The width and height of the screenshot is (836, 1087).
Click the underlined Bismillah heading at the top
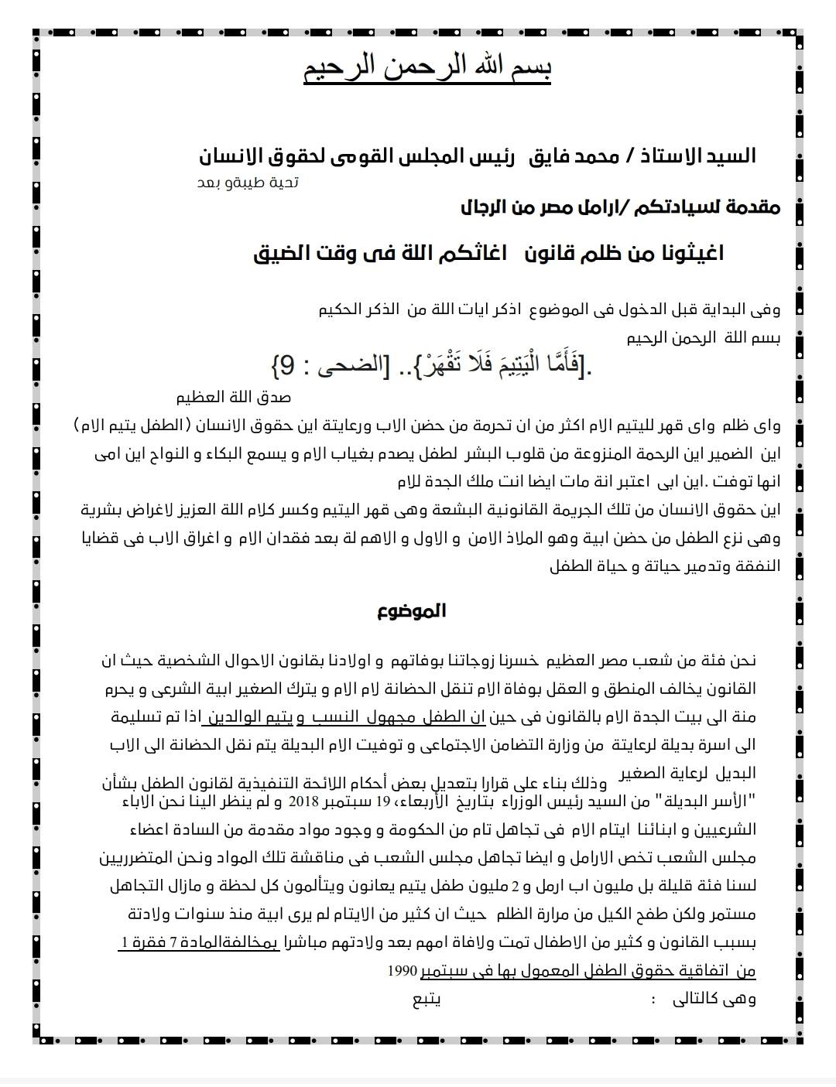pyautogui.click(x=427, y=70)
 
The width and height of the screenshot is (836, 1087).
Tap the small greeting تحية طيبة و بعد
pyautogui.click(x=248, y=183)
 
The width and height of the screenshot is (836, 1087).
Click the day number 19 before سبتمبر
pyautogui.click(x=384, y=800)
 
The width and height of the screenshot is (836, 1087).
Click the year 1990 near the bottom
pyautogui.click(x=403, y=969)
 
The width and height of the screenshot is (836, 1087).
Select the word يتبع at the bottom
pyautogui.click(x=427, y=998)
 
